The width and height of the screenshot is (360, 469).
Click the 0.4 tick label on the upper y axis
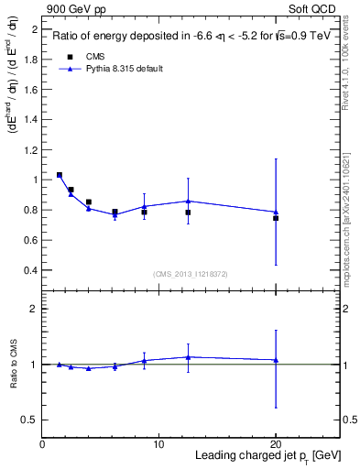30,270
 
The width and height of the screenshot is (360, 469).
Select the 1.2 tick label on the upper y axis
30,150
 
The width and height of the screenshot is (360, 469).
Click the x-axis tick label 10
158,443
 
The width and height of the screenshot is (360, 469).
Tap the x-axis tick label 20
276,443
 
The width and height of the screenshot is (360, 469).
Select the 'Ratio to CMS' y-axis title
14,364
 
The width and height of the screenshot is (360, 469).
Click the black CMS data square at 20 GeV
276,218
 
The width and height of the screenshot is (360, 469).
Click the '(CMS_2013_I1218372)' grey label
191,274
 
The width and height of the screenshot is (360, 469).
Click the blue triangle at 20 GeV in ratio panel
276,360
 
